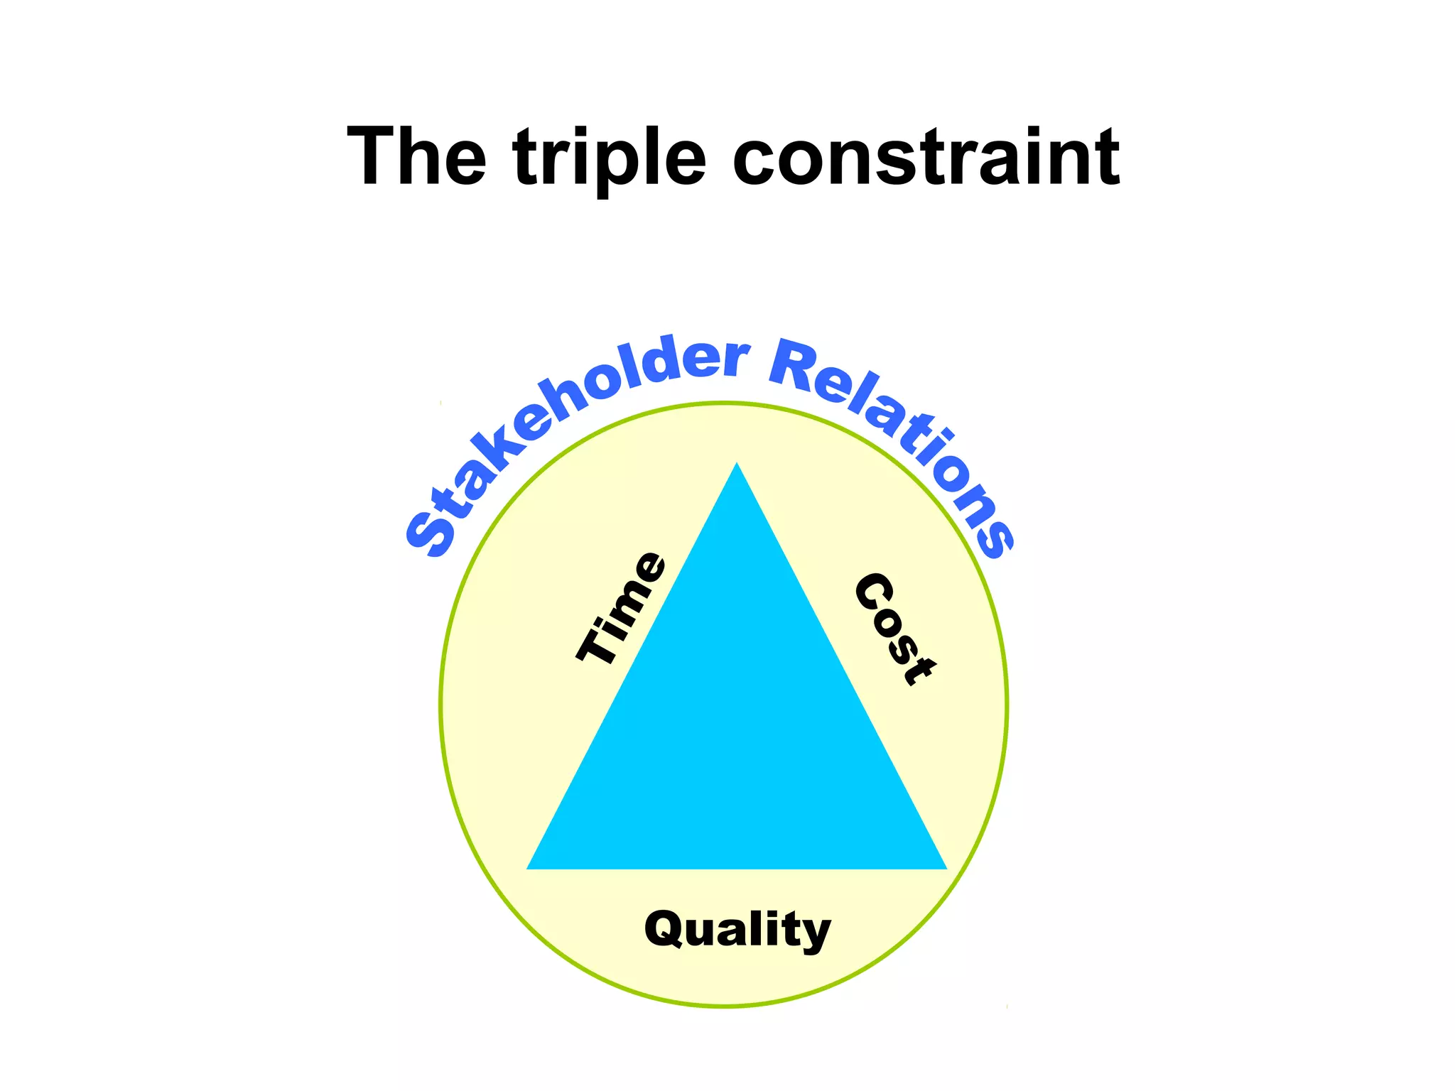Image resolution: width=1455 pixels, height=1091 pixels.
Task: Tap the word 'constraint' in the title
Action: [926, 157]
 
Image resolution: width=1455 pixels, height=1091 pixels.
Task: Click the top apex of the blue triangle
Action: [737, 465]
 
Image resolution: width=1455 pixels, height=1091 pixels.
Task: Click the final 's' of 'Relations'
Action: [995, 538]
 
